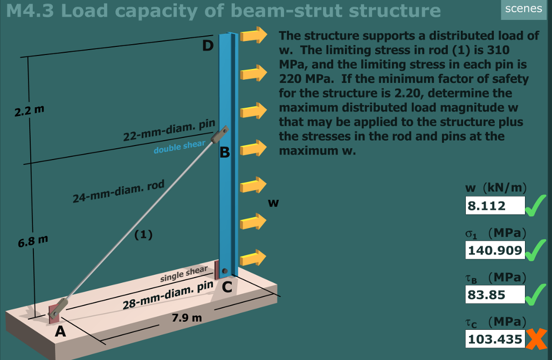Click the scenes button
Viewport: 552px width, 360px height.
[523, 9]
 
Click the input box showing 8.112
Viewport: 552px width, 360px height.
[494, 205]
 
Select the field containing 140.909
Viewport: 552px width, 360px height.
[494, 250]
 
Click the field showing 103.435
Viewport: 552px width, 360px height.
[494, 339]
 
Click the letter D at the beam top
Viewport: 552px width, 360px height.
[208, 46]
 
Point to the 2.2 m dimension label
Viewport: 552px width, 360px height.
[30, 112]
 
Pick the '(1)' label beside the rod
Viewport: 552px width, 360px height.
[143, 234]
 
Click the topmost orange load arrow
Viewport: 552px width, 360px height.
[253, 36]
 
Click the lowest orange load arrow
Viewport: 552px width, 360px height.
[253, 258]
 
